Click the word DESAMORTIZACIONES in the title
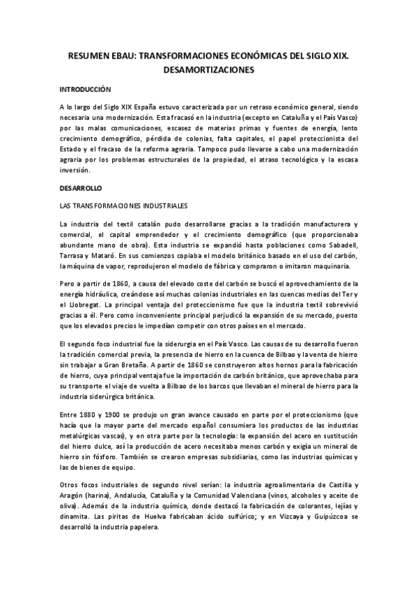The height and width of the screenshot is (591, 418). [x=209, y=70]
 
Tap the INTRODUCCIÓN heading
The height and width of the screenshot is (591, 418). [x=86, y=90]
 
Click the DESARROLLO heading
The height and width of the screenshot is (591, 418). [x=81, y=188]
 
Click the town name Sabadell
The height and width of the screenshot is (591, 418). [x=339, y=245]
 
